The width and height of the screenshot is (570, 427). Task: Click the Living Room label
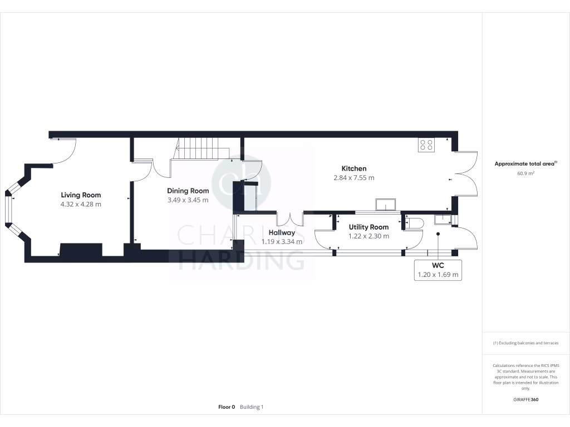coord(81,195)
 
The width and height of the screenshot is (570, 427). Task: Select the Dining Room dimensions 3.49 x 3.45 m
coord(188,200)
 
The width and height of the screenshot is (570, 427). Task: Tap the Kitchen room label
coord(354,168)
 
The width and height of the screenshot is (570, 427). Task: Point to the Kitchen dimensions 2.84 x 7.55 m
coord(354,178)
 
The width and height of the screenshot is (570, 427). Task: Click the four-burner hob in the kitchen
coord(426,145)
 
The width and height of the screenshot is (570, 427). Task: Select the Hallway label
coord(282,232)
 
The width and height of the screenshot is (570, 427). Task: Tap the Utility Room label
coord(368,227)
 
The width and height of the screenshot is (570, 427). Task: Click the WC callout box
coord(438,270)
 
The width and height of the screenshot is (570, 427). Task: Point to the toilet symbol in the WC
coord(414,224)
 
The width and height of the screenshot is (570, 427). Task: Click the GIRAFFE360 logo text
coord(526,400)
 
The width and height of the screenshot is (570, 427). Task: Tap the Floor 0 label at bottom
coord(227,407)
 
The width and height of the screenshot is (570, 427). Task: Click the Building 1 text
coord(252,407)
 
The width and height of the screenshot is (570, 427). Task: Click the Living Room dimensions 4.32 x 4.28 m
coord(81,205)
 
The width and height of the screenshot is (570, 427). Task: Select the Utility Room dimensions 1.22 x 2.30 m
coord(368,236)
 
